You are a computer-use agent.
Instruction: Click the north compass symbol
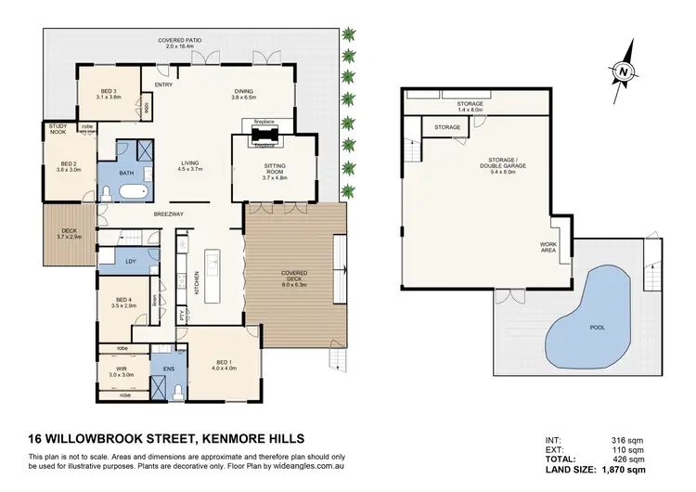coord(622,70)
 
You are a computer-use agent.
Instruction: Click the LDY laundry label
coord(131,263)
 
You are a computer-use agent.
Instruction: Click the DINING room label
coord(243,92)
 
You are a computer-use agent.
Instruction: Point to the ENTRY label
coord(164,85)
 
